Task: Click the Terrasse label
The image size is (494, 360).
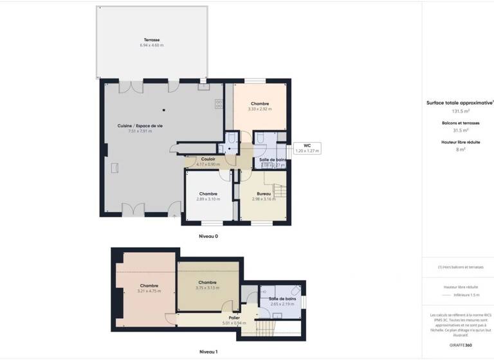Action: click(x=152, y=40)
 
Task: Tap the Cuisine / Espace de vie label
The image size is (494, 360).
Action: click(x=140, y=125)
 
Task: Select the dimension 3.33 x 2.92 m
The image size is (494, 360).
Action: click(x=260, y=109)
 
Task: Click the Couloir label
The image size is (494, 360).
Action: click(x=208, y=159)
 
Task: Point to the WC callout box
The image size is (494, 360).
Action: click(x=307, y=148)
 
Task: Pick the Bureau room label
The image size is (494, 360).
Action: click(x=264, y=194)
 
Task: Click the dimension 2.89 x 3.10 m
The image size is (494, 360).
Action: click(x=208, y=199)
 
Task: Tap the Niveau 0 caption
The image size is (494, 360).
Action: click(x=208, y=237)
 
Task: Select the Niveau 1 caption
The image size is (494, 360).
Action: click(x=208, y=352)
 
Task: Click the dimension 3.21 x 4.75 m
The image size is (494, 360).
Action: click(x=149, y=291)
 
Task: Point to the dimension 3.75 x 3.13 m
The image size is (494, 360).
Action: click(x=207, y=287)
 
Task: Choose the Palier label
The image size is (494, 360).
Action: click(x=225, y=317)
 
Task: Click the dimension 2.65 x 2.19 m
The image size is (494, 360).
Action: click(x=282, y=304)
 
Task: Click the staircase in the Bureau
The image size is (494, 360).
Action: click(x=279, y=191)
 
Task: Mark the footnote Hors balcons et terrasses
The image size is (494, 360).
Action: click(x=461, y=267)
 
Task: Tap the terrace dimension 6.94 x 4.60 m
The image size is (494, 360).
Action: click(x=152, y=46)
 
